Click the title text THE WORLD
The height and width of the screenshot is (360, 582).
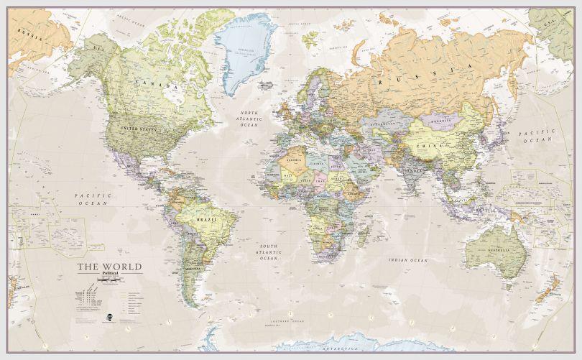pos(109,267)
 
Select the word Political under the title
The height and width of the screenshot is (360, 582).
pos(109,274)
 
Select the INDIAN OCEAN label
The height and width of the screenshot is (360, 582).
pos(407,259)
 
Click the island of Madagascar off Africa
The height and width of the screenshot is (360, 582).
pos(364,234)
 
